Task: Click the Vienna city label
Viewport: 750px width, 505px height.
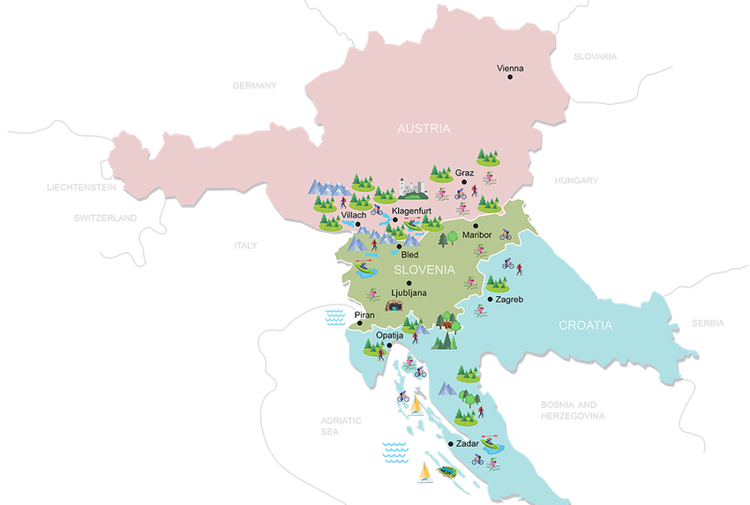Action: click(509, 67)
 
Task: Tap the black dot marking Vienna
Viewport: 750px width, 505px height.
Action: click(509, 78)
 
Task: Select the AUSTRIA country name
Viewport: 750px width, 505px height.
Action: click(424, 129)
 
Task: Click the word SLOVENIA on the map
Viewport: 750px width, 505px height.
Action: click(424, 269)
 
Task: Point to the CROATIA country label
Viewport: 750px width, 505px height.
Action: click(585, 325)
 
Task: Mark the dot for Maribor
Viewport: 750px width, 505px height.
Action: click(476, 226)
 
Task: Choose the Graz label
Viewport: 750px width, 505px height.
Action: click(464, 173)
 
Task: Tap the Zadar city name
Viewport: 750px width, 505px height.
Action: click(469, 444)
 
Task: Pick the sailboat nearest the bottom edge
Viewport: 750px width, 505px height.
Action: click(425, 475)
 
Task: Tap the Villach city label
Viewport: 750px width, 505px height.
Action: click(353, 215)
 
